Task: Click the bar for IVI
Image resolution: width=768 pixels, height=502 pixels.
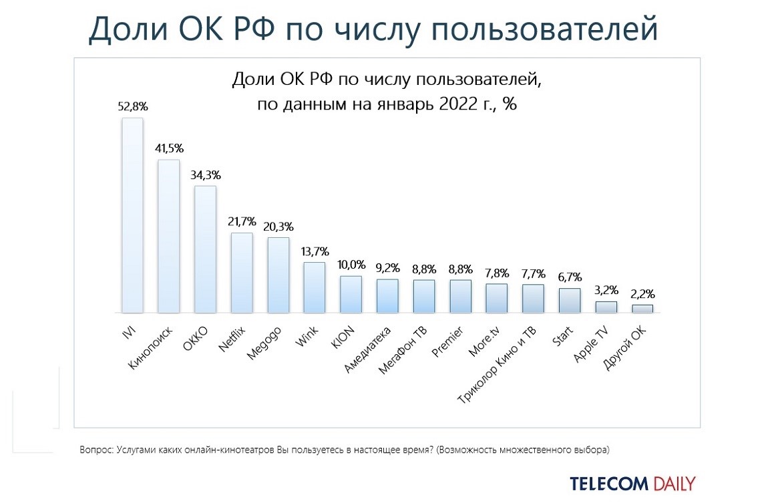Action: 132,215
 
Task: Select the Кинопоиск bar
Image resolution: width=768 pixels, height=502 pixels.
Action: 168,236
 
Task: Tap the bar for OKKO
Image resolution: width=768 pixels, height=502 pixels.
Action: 205,249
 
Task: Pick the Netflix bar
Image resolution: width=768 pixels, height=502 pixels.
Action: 241,273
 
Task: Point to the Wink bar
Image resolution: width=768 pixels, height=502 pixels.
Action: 315,287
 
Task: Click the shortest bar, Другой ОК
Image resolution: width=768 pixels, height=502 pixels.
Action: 642,309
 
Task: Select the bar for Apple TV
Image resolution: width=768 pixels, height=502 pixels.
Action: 606,307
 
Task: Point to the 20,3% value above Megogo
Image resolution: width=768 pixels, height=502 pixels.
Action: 278,226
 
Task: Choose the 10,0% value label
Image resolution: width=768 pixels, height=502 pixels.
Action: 351,265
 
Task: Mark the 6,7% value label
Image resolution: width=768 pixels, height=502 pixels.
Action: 570,277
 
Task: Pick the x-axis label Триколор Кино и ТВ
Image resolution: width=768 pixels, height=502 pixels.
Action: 498,364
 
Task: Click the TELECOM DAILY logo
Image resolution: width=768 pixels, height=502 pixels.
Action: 632,483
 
